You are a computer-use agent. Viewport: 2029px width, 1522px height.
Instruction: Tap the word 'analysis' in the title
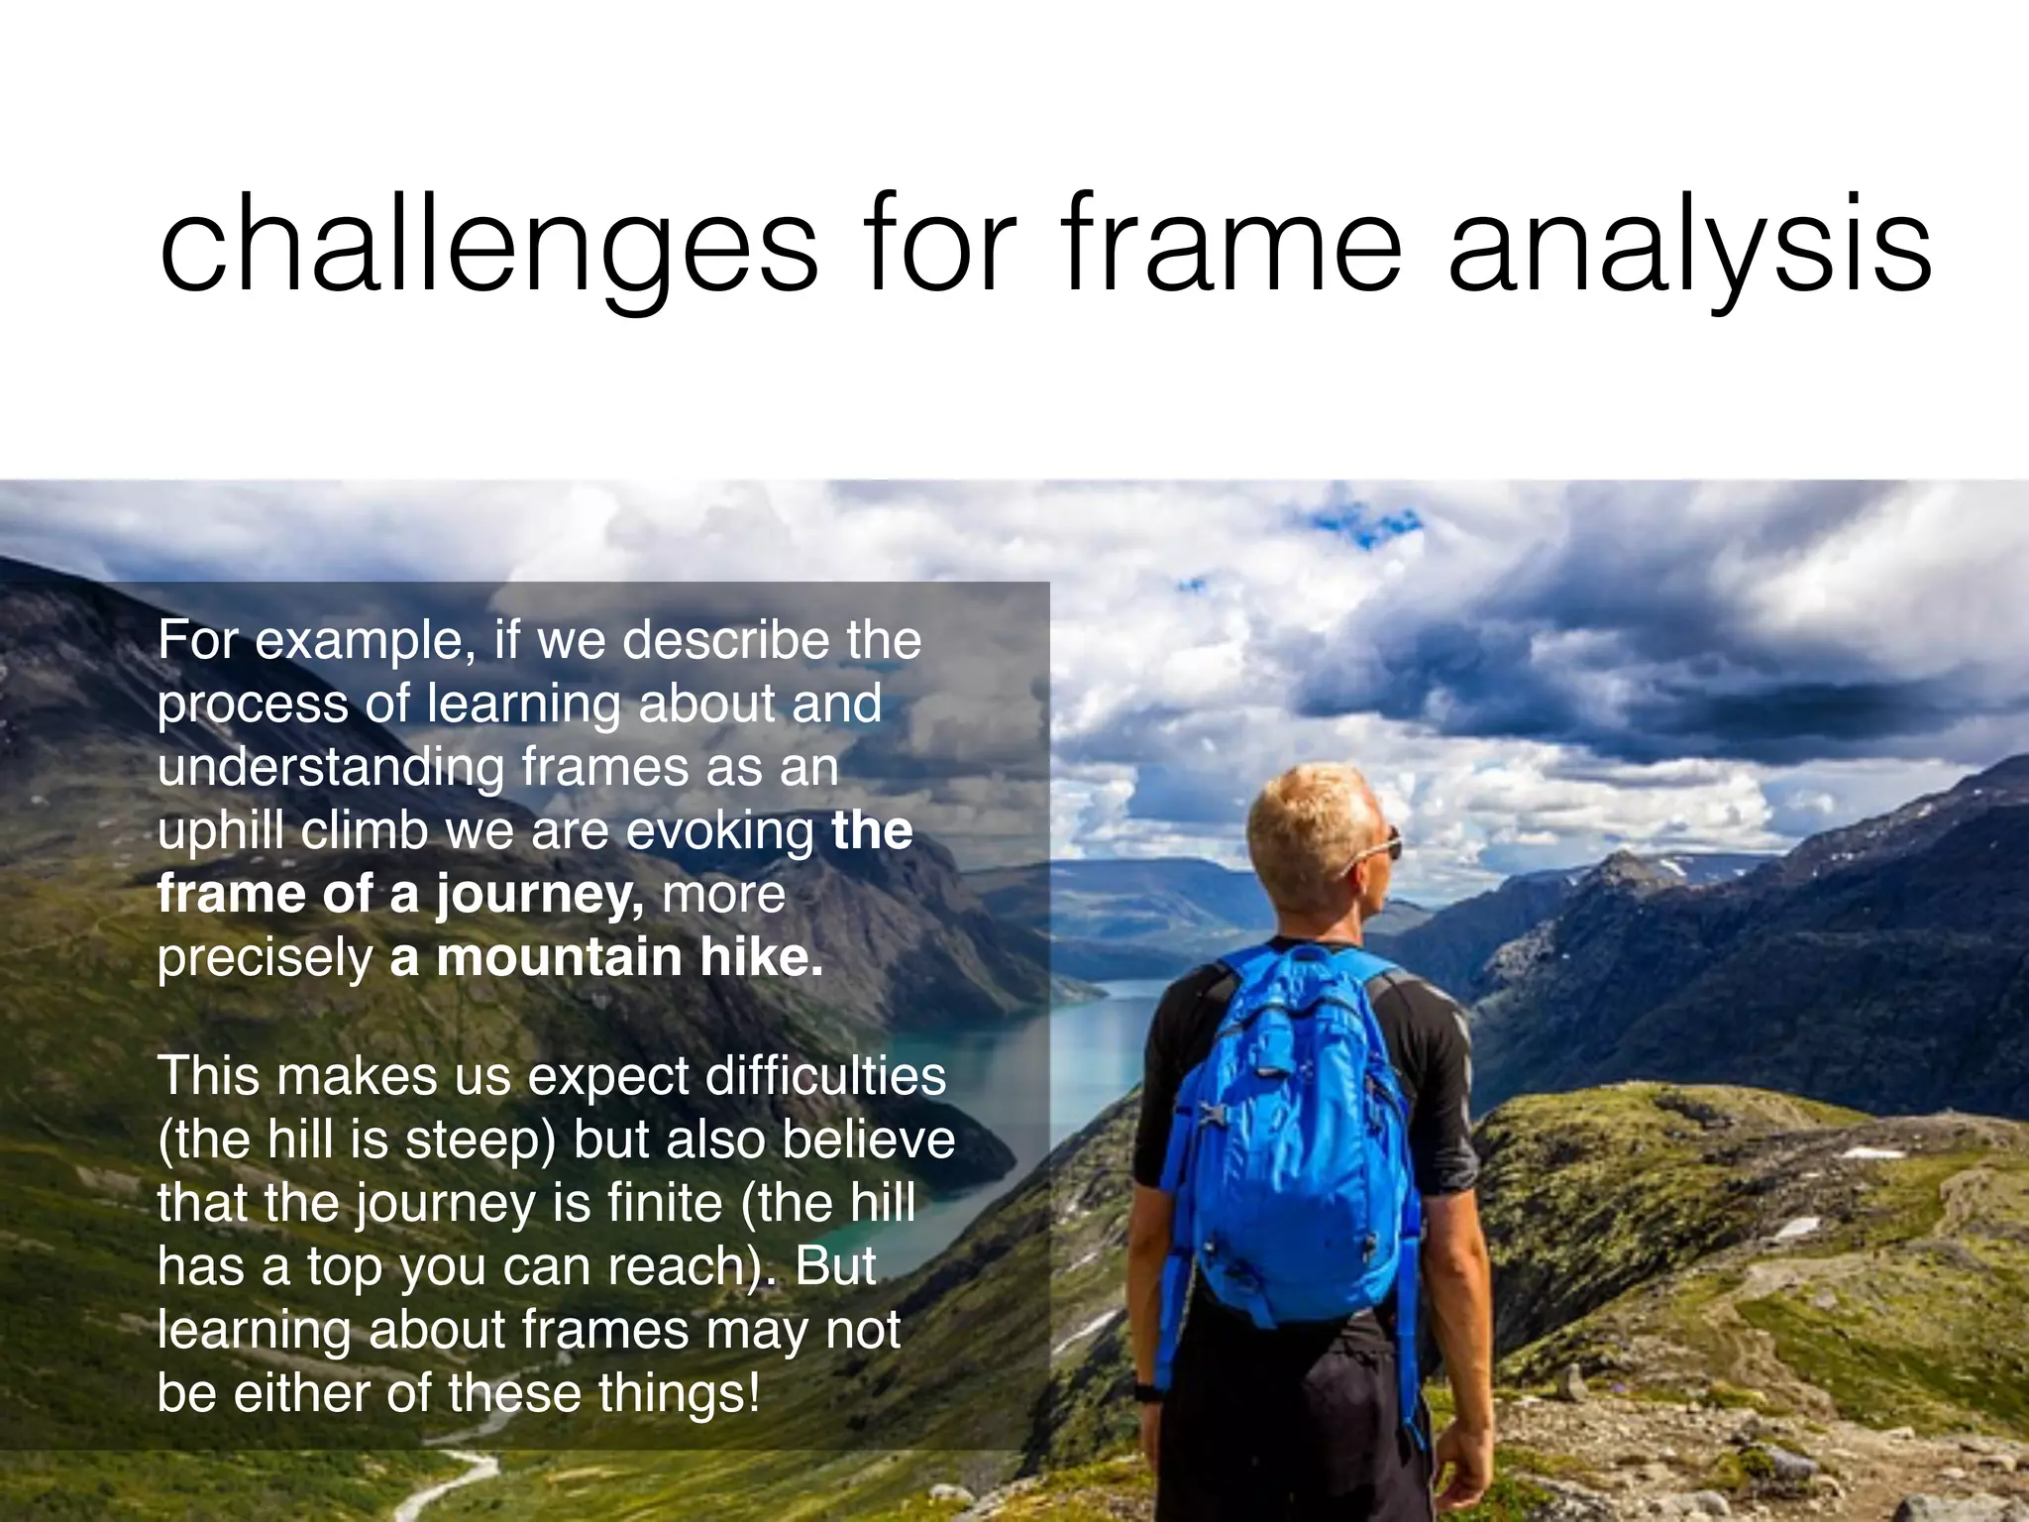1689,248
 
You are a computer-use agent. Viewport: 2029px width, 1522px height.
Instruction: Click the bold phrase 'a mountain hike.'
606,957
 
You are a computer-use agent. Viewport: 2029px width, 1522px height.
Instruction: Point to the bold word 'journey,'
540,895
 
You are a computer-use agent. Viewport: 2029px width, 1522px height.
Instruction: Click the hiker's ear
1342,872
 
